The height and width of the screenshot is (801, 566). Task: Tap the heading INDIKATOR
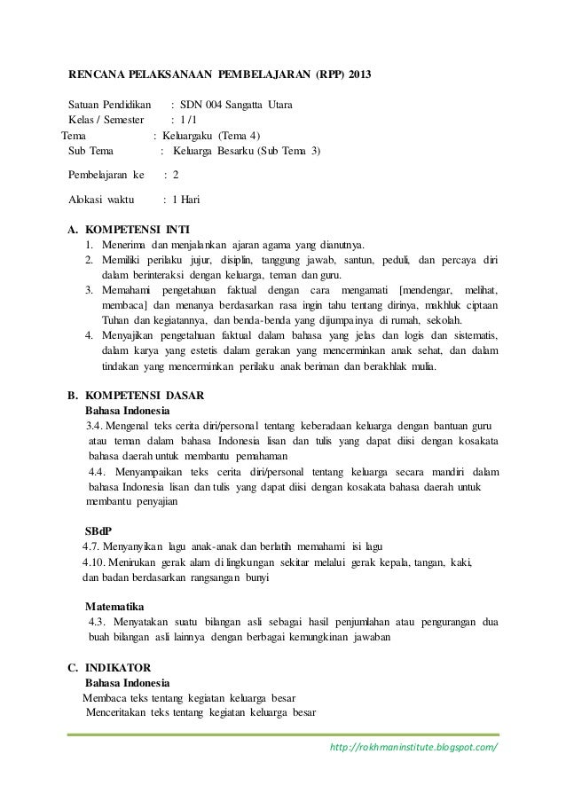tap(118, 665)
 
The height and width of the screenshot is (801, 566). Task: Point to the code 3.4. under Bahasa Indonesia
tap(97, 427)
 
